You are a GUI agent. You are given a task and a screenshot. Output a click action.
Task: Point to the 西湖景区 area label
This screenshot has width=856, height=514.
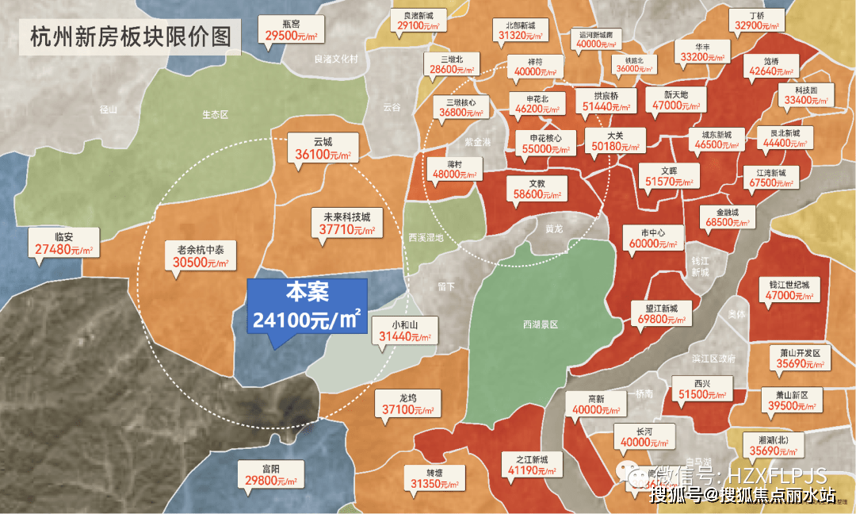pos(541,324)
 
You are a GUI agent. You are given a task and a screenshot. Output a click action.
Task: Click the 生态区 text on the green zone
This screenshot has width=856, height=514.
pos(215,114)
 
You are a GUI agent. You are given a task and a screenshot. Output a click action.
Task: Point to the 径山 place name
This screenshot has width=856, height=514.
pos(109,109)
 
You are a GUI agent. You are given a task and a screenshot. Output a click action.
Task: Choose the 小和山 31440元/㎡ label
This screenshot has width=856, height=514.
pos(404,331)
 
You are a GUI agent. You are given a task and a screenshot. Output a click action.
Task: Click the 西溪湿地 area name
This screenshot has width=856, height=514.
pos(426,238)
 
